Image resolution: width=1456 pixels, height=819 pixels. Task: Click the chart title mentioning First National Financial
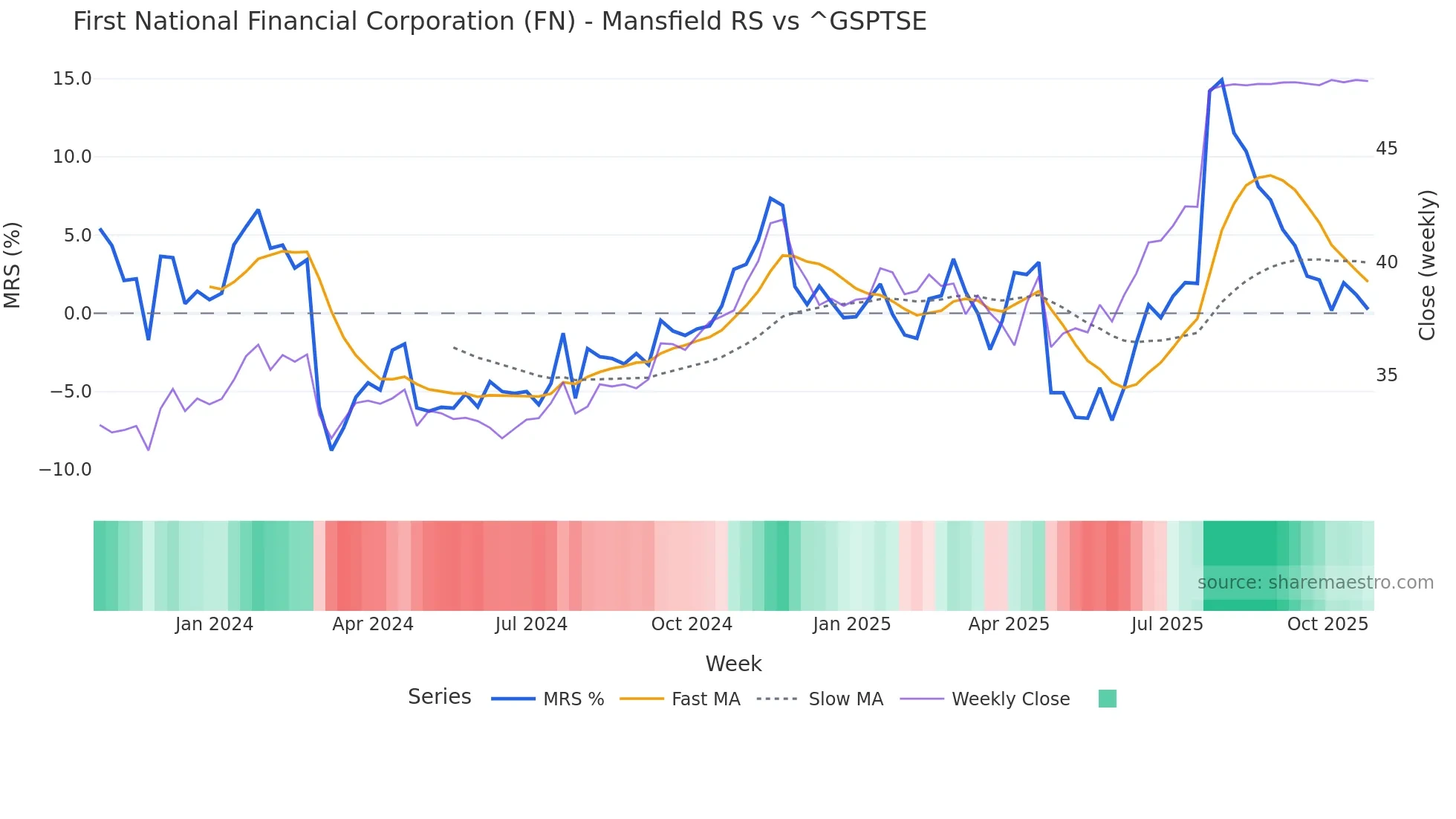pyautogui.click(x=499, y=22)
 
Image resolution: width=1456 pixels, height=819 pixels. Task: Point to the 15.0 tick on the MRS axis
pyautogui.click(x=72, y=79)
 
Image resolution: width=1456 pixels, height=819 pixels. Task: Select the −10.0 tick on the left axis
pyautogui.click(x=65, y=470)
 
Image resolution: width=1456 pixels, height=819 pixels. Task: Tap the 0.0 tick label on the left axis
pyautogui.click(x=77, y=314)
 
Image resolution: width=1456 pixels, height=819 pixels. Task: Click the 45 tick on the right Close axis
pyautogui.click(x=1386, y=149)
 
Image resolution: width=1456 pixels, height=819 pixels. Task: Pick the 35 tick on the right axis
pyautogui.click(x=1386, y=375)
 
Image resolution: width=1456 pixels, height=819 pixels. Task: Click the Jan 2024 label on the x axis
pyautogui.click(x=214, y=624)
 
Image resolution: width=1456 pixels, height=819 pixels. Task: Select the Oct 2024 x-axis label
pyautogui.click(x=692, y=624)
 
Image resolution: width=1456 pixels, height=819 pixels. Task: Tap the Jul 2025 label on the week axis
pyautogui.click(x=1167, y=624)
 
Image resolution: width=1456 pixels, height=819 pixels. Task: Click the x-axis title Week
pyautogui.click(x=733, y=664)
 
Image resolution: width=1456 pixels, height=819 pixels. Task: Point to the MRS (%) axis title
pyautogui.click(x=13, y=265)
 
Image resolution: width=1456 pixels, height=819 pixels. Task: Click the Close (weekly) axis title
pyautogui.click(x=1426, y=265)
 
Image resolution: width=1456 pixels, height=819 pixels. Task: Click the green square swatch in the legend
pyautogui.click(x=1107, y=699)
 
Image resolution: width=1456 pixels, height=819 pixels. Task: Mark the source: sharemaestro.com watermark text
pyautogui.click(x=1315, y=583)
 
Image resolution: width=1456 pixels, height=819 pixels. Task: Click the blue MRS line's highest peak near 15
pyautogui.click(x=1221, y=80)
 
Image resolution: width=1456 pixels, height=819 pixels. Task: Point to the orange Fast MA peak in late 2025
pyautogui.click(x=1270, y=175)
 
